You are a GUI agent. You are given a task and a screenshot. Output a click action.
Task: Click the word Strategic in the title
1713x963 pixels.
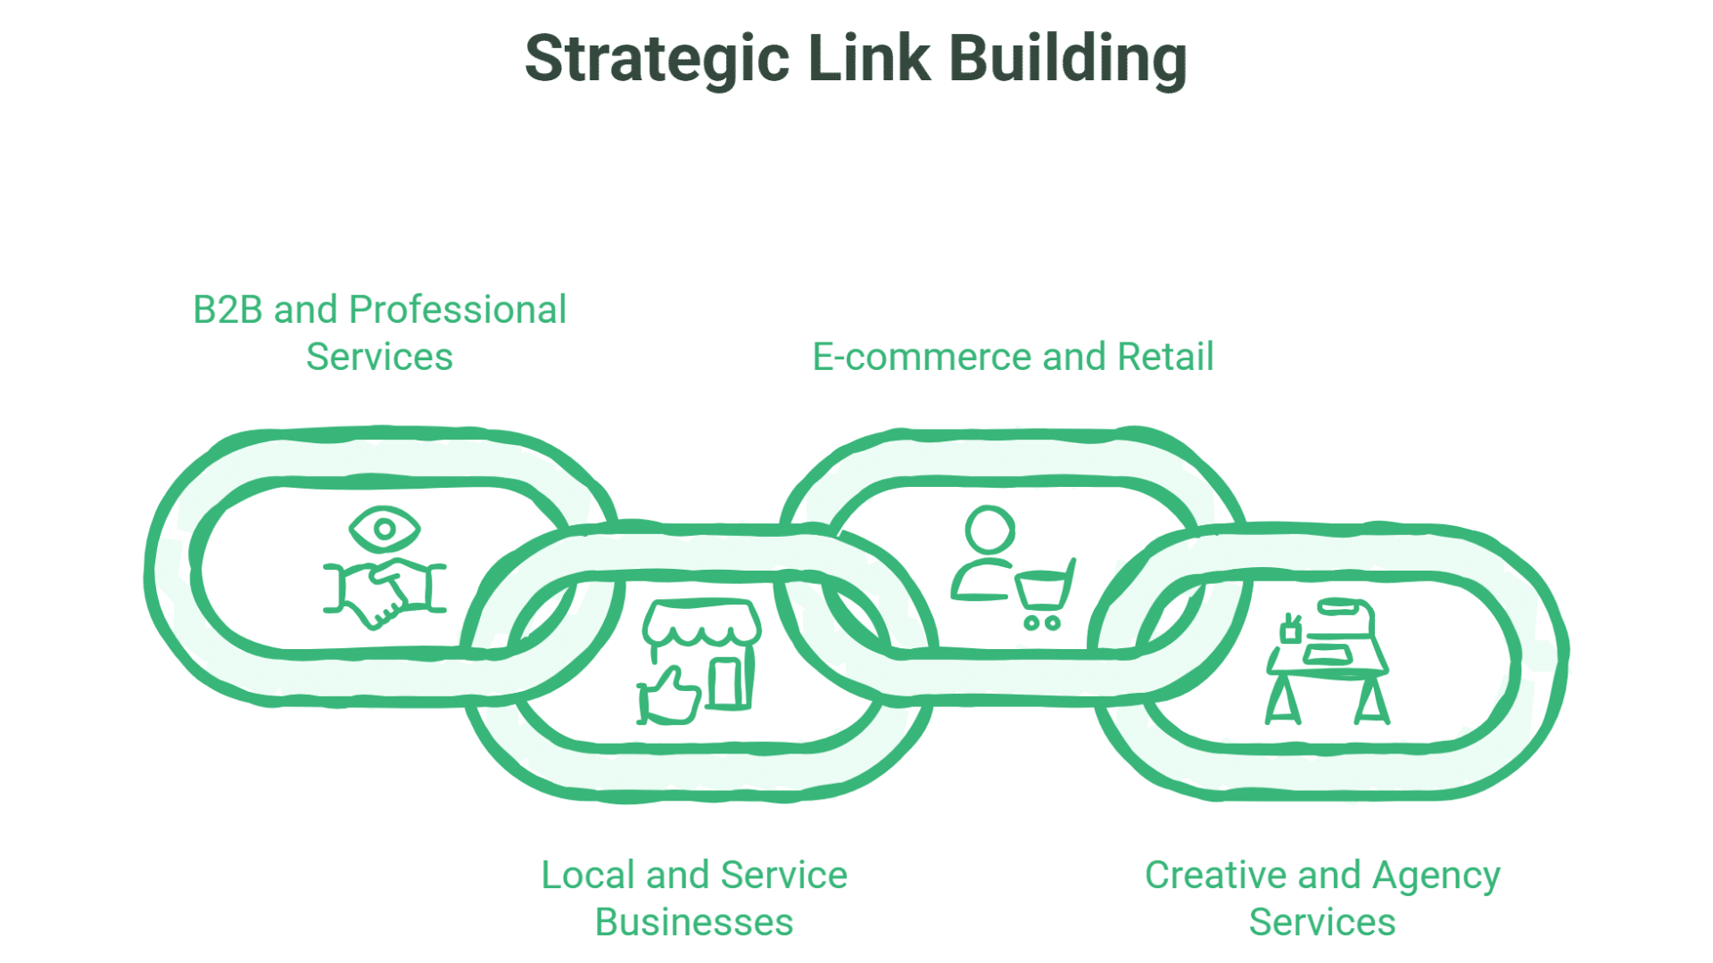point(658,59)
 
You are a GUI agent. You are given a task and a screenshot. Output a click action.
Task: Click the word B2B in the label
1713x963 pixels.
point(228,310)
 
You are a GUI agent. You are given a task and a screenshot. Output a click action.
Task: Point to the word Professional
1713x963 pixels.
point(458,310)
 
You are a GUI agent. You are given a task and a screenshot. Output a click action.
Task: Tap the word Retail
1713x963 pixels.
point(1165,358)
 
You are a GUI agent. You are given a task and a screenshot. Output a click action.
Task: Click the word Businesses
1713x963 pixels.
point(694,923)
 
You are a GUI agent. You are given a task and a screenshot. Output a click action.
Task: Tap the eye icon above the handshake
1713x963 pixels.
point(385,529)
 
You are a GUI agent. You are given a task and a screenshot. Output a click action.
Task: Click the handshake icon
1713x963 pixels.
point(385,592)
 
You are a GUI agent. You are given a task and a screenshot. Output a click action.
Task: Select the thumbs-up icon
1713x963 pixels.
point(669,697)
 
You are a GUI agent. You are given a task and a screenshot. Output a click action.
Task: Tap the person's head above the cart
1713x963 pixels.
point(989,531)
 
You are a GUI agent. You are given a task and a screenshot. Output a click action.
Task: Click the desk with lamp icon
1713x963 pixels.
point(1328,664)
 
